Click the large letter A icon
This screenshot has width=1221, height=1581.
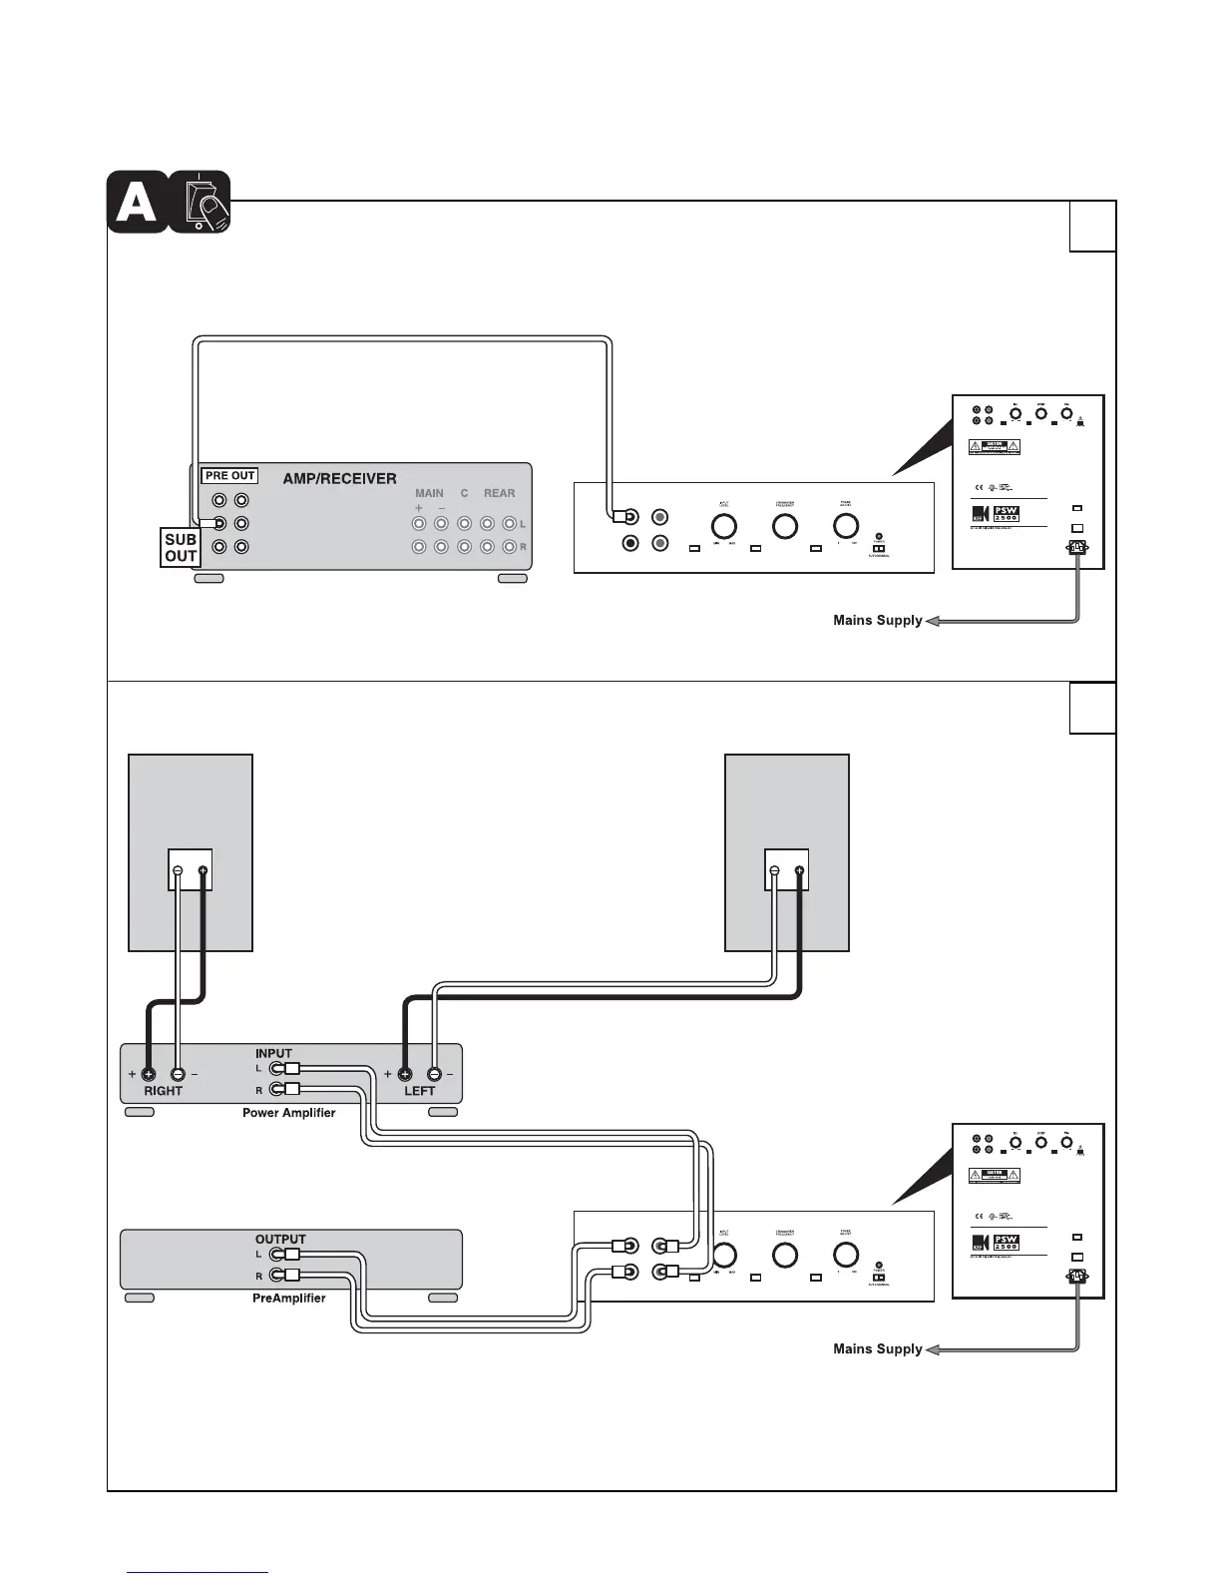point(138,203)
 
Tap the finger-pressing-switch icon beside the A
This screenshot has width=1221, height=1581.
point(201,203)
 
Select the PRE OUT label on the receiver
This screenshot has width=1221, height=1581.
point(229,476)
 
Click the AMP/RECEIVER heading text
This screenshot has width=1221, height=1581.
point(339,479)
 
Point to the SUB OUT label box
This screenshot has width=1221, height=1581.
point(181,548)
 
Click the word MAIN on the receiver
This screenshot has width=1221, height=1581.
point(429,493)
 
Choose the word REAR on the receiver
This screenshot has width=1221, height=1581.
point(499,493)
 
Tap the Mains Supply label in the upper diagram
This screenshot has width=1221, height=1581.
point(878,621)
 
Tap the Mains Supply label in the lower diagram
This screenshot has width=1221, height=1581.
point(878,1349)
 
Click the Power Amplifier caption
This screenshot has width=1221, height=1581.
point(288,1113)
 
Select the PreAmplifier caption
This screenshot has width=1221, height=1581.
point(288,1299)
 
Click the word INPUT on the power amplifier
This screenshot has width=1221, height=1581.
point(273,1053)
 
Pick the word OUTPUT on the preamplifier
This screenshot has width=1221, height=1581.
point(280,1240)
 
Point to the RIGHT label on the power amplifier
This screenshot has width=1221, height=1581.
point(164,1091)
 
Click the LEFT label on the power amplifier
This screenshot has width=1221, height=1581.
point(420,1091)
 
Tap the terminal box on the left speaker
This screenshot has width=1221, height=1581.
point(190,870)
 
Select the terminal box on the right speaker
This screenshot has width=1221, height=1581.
point(786,870)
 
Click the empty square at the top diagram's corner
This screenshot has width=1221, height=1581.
point(1092,227)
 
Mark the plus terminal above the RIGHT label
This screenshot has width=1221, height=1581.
point(149,1075)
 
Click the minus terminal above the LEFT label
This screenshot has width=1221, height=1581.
point(434,1075)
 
